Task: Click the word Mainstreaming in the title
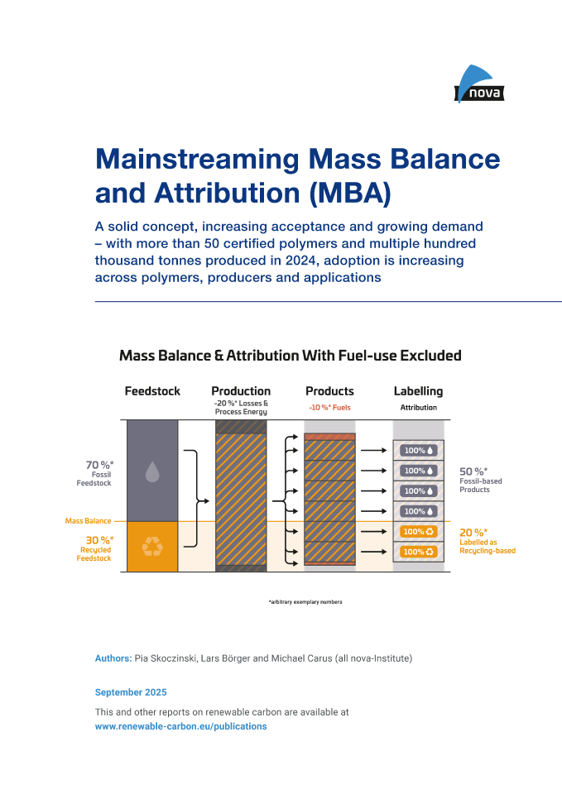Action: coord(196,159)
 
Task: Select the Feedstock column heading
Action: coord(152,391)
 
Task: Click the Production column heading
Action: coord(241,391)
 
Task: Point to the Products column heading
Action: coord(329,391)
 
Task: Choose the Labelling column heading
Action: coord(418,391)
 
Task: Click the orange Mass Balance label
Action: coord(89,521)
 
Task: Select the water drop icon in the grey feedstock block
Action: coord(152,471)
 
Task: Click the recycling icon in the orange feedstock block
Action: coord(152,546)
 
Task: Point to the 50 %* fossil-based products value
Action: coord(473,471)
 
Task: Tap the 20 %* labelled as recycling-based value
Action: coord(473,533)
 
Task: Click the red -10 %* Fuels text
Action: coord(329,408)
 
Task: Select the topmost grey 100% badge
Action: coord(418,451)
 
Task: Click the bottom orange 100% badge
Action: coord(418,552)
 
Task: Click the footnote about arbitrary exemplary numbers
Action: coord(305,601)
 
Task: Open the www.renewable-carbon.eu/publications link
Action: coord(180,726)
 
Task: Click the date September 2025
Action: coord(131,691)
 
